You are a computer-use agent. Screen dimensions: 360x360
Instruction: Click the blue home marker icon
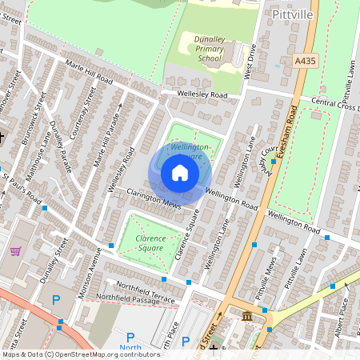point(180,174)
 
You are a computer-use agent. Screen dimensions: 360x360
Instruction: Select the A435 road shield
point(305,60)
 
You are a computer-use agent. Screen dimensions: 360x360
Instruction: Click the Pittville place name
point(292,14)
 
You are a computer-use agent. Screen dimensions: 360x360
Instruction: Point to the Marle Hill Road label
point(90,75)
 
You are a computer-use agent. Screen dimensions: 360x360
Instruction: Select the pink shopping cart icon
point(14,250)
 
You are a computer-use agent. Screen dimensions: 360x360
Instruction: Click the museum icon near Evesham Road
point(246,318)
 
